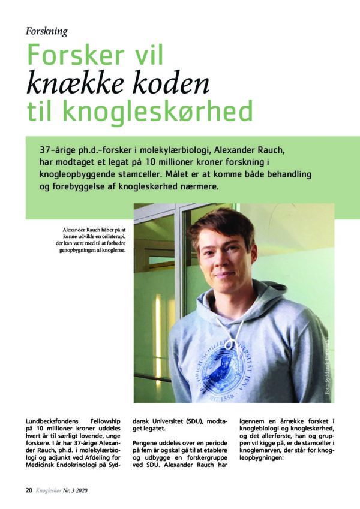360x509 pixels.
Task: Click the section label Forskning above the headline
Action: click(x=47, y=31)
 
